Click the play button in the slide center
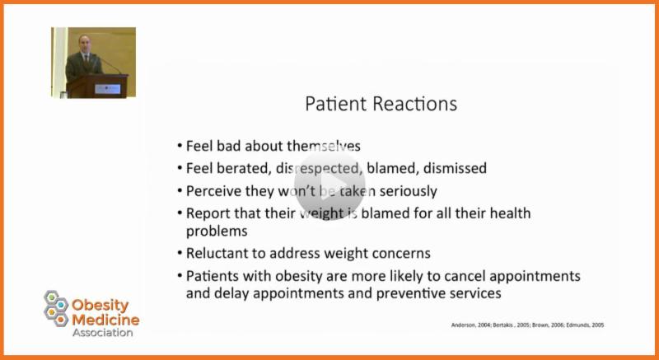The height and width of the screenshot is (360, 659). click(329, 185)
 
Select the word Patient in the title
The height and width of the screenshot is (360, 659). click(337, 104)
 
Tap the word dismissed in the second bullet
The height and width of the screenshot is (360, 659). click(455, 168)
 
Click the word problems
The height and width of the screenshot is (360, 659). click(217, 231)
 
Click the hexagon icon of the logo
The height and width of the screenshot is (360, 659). click(56, 308)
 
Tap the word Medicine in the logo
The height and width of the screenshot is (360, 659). click(105, 320)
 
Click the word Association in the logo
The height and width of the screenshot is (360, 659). click(102, 333)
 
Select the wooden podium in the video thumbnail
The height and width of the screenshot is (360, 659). click(97, 86)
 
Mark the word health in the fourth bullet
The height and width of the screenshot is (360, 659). click(509, 213)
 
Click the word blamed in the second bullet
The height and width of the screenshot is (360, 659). click(393, 168)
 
